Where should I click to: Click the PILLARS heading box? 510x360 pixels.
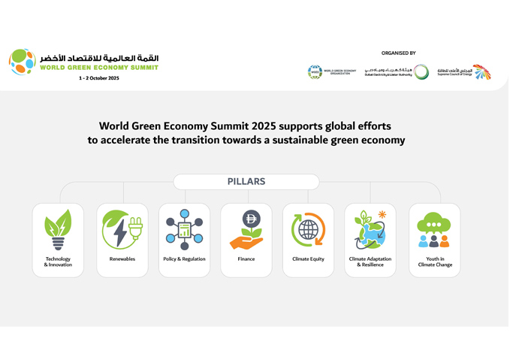click(246, 182)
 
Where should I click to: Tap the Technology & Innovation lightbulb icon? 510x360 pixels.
click(59, 229)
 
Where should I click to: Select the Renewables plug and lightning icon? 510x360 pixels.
click(122, 229)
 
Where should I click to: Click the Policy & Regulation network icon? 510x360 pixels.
click(184, 229)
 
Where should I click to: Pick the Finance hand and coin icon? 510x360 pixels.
click(246, 229)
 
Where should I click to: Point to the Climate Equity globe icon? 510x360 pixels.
click(308, 229)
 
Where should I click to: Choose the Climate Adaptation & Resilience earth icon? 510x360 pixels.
click(370, 229)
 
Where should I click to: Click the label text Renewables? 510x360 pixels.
click(122, 259)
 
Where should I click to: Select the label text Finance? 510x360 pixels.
click(246, 259)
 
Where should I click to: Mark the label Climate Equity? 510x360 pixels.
click(308, 259)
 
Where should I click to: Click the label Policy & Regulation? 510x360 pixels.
click(184, 259)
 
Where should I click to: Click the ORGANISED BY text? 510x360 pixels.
click(398, 53)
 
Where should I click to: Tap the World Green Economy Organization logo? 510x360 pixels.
click(331, 72)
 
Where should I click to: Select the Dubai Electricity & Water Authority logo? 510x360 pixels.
click(397, 72)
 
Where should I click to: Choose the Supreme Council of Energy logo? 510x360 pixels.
click(464, 72)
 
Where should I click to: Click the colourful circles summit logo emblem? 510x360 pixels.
click(22, 62)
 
